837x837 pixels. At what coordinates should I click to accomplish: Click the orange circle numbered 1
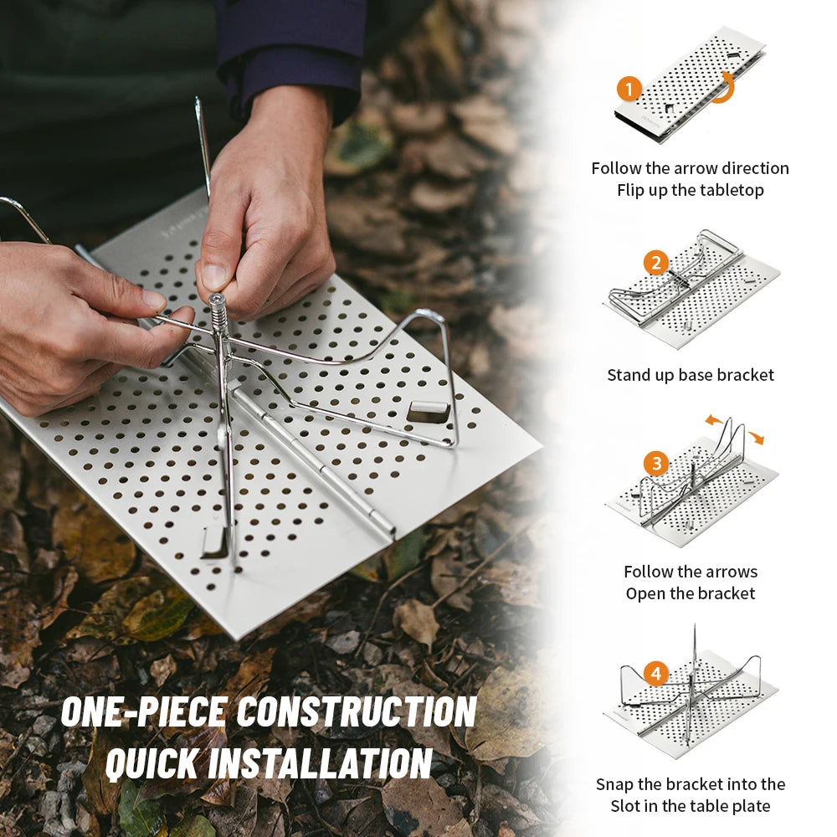tap(629, 89)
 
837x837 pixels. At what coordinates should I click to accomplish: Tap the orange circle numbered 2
tap(656, 263)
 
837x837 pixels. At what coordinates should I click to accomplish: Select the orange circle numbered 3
tap(656, 464)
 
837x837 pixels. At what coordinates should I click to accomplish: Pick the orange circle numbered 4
tap(656, 674)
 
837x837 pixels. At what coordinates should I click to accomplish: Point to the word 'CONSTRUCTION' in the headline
tap(357, 711)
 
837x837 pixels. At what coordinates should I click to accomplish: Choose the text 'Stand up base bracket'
tap(691, 375)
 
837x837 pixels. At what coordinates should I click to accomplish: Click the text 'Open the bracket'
tap(691, 593)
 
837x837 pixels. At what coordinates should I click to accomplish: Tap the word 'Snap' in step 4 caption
tap(614, 785)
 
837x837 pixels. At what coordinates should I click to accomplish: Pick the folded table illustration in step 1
tap(691, 85)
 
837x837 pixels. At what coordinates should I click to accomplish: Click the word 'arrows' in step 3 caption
tap(731, 573)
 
